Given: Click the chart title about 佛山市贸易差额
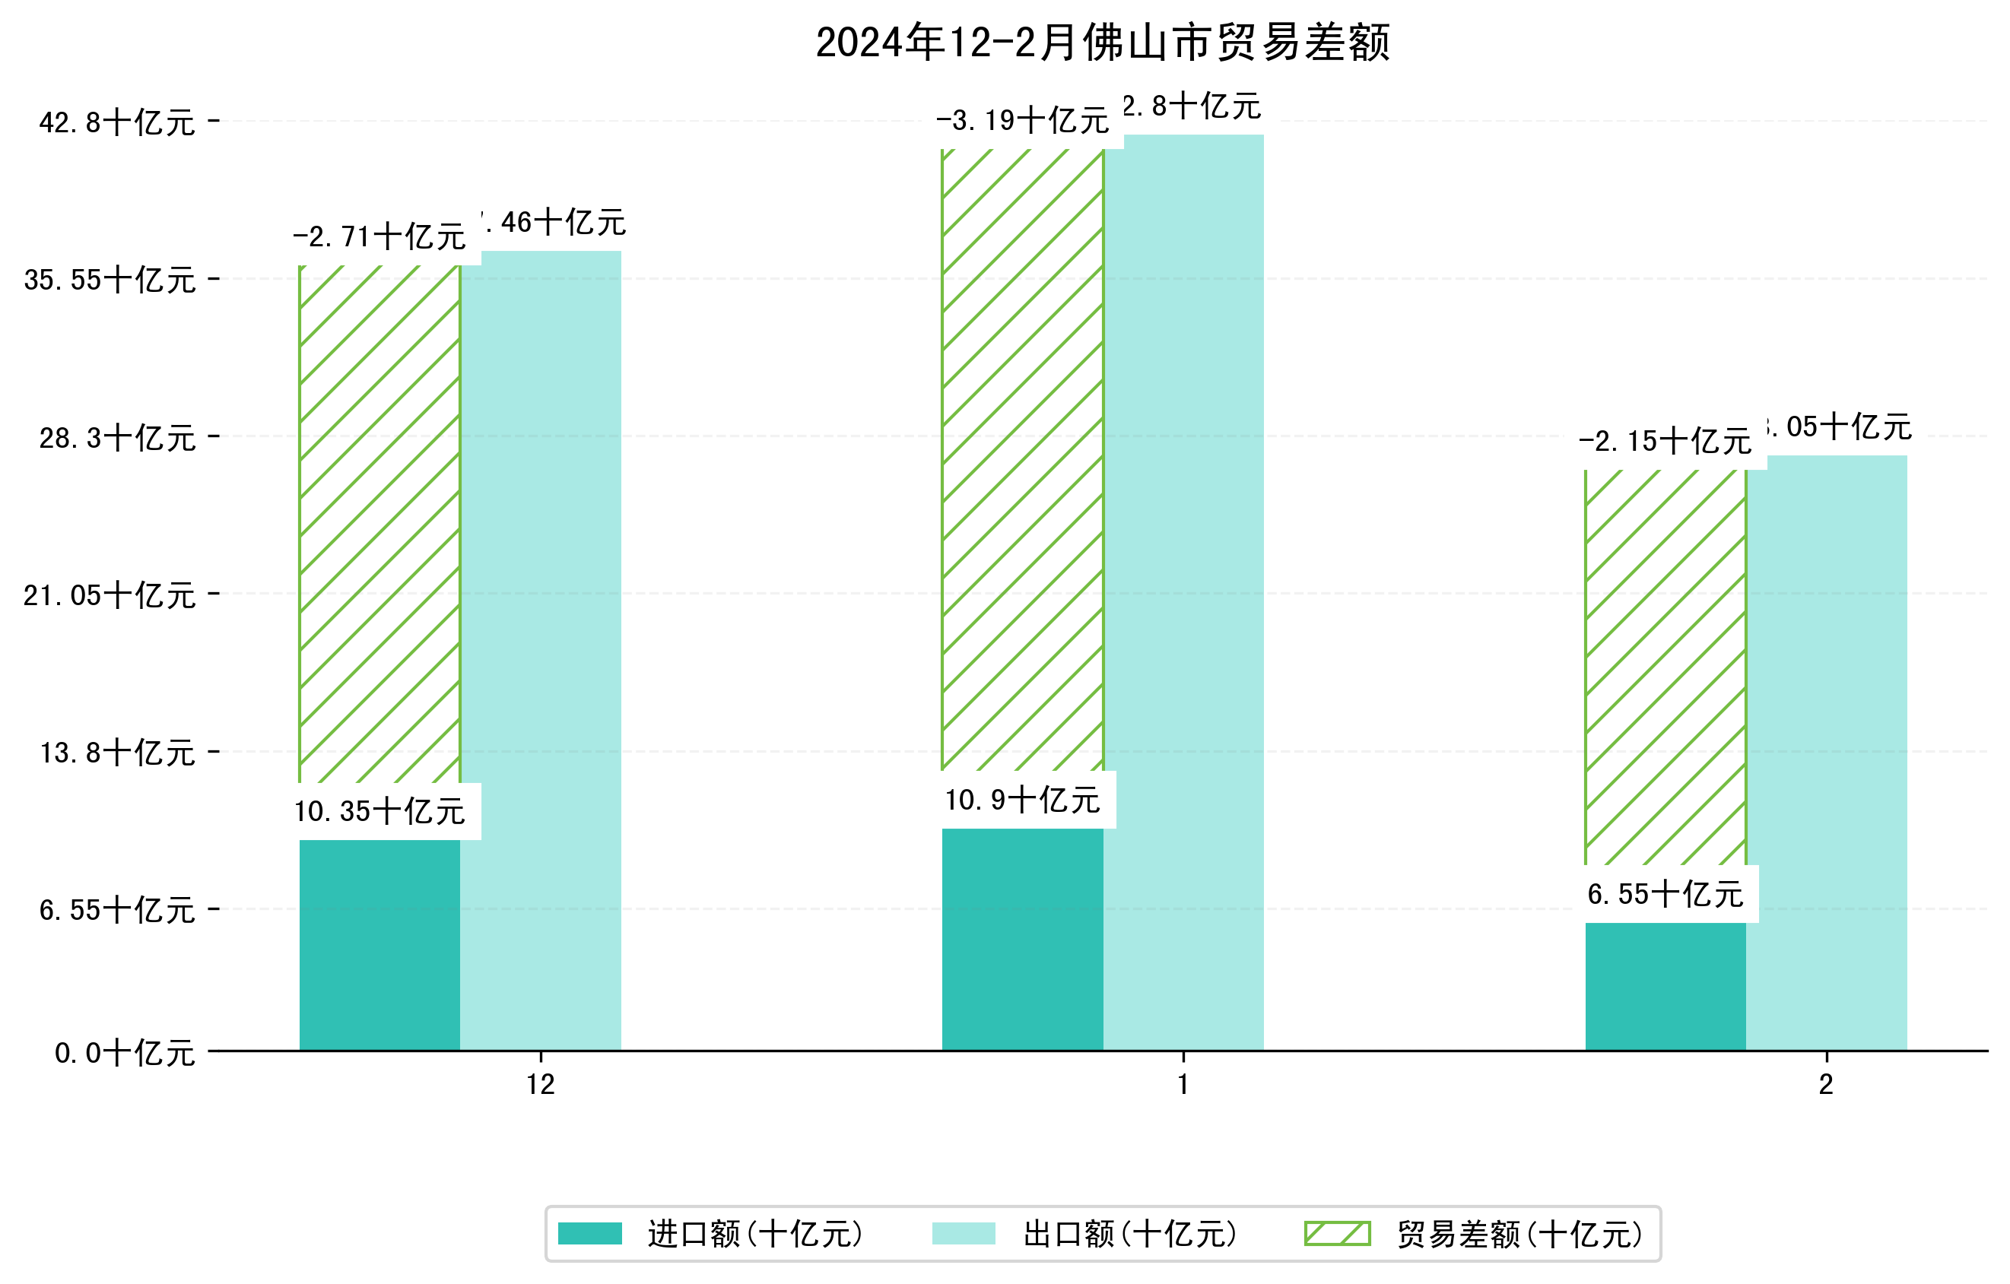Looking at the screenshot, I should click(1102, 43).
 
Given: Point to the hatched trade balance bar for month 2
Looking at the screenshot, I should click(1665, 667).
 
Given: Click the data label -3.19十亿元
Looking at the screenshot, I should click(1023, 121).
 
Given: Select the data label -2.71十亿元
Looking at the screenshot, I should click(379, 237).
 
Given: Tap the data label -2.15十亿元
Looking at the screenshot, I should click(1665, 442).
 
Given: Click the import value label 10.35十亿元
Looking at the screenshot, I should click(379, 811).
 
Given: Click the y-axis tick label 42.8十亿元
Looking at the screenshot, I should click(117, 122).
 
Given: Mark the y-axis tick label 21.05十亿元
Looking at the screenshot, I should click(110, 596).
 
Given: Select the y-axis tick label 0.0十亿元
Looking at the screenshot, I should click(125, 1053).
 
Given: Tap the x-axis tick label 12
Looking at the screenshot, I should click(541, 1085).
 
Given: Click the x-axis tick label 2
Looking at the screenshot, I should click(1827, 1085).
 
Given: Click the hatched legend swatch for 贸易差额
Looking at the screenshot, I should click(1337, 1233).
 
